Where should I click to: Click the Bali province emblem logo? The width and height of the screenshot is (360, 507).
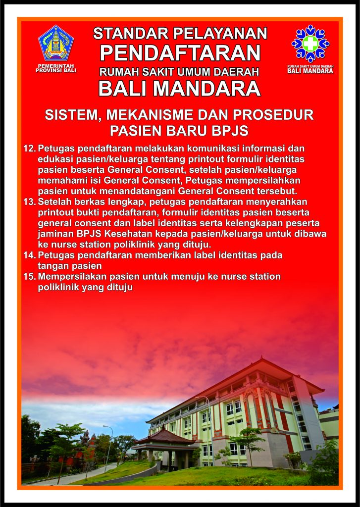[x=56, y=43]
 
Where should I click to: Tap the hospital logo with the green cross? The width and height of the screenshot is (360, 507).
[x=310, y=44]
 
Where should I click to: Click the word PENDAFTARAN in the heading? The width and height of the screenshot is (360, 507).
[x=180, y=52]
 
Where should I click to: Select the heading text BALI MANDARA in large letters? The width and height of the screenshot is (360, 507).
[x=180, y=88]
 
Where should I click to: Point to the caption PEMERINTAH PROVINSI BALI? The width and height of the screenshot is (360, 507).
[x=56, y=68]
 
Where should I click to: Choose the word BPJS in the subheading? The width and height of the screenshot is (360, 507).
[x=230, y=131]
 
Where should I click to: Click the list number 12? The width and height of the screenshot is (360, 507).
[x=29, y=149]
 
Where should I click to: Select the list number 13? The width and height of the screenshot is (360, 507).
[x=29, y=202]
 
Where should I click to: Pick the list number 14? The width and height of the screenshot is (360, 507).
[x=29, y=255]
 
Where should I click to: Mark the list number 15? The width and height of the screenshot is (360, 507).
[x=29, y=276]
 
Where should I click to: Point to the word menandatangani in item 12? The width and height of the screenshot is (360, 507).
[x=122, y=191]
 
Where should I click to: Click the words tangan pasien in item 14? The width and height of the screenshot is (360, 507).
[x=70, y=266]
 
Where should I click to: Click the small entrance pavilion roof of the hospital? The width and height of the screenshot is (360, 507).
[x=165, y=437]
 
